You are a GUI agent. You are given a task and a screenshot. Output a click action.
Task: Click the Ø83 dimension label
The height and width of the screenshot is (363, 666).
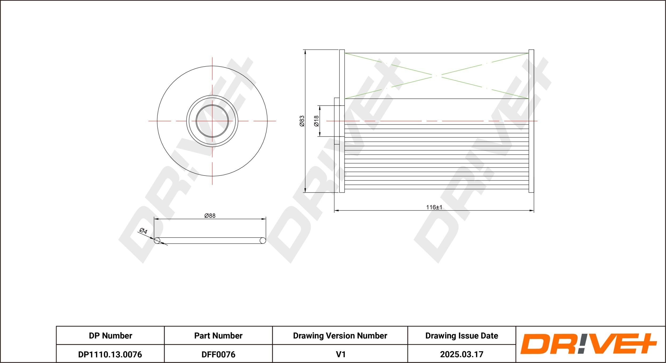302,121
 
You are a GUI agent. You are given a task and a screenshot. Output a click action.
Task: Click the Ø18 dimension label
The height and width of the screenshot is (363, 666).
316,121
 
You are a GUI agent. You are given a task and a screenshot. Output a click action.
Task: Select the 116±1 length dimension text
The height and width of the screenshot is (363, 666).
434,207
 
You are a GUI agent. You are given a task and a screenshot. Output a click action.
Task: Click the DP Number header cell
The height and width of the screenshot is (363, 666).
110,336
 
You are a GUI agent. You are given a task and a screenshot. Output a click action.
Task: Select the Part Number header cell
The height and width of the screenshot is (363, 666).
218,336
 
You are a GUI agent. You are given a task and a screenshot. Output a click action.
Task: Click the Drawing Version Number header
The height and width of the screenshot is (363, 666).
340,336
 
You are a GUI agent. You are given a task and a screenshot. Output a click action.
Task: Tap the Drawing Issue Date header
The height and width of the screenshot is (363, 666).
462,336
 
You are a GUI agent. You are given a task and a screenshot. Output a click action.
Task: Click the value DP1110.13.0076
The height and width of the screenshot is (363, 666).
110,354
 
